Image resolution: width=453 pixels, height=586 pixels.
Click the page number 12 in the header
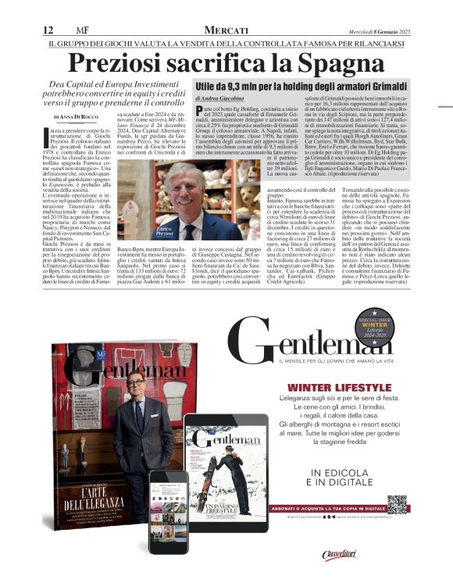[x=48, y=30]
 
